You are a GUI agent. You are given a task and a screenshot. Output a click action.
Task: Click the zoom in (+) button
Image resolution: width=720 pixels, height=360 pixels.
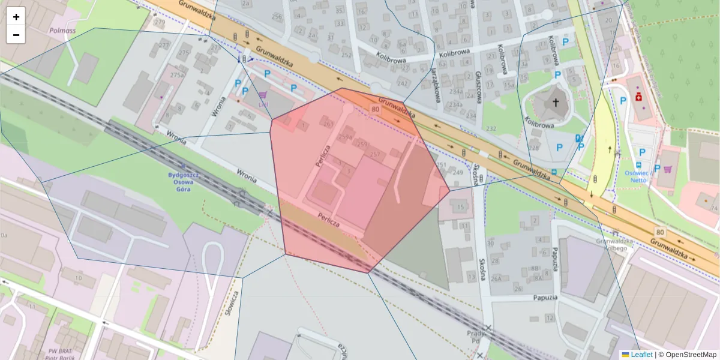[x=16, y=16]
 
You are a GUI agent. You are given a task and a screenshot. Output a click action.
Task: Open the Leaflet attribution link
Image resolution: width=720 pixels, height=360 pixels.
[x=641, y=355]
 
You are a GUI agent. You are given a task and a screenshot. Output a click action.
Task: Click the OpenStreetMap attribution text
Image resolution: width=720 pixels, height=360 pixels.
[x=691, y=355]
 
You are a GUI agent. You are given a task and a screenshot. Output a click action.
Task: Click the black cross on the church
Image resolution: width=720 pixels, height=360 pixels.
[x=556, y=103]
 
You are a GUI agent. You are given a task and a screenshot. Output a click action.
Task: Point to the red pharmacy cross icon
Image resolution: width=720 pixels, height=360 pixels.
[x=638, y=97]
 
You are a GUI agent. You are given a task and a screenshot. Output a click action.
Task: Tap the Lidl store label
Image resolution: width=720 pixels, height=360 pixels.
[x=262, y=103]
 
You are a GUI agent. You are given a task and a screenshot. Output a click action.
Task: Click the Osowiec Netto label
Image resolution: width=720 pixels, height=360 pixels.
[x=638, y=176]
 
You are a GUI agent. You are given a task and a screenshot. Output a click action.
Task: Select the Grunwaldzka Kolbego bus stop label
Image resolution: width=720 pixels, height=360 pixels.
[x=611, y=245]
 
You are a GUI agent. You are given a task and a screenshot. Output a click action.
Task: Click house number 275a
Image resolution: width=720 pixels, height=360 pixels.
[x=177, y=75]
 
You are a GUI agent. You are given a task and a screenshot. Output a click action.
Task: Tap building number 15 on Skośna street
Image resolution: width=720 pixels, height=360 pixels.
[x=461, y=208]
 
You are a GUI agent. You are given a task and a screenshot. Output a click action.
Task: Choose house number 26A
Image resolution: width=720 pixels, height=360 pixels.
[x=496, y=278]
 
